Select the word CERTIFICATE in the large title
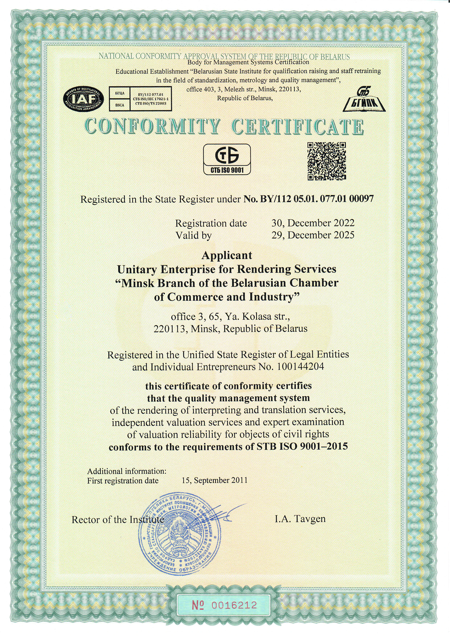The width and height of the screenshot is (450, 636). [297, 127]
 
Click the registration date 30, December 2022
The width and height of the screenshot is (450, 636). [313, 223]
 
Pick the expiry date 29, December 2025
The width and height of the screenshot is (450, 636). [313, 235]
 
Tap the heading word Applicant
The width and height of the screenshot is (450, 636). [227, 255]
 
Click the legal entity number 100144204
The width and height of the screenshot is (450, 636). [300, 367]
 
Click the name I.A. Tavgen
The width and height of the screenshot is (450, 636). [300, 519]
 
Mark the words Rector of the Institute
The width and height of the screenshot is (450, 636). [117, 520]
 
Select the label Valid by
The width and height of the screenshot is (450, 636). [193, 235]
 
